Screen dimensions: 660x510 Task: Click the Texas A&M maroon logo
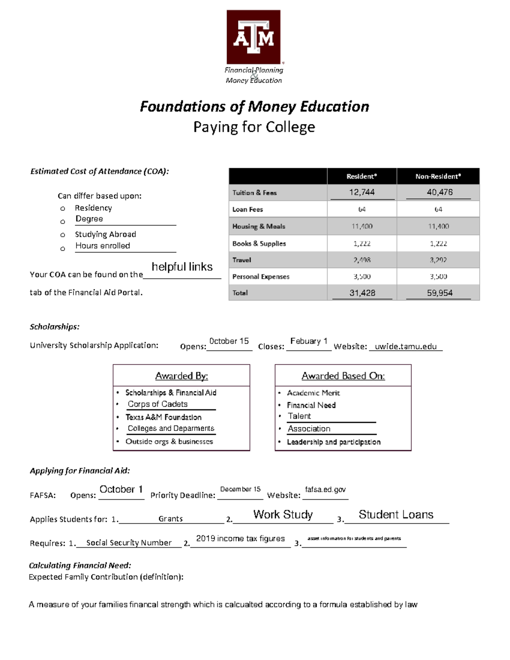point(254,37)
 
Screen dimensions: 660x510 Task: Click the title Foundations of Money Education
point(254,106)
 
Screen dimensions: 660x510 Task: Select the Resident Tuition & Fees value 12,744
point(362,192)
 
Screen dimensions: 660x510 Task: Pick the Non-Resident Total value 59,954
point(439,293)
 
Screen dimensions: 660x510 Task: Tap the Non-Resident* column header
point(438,176)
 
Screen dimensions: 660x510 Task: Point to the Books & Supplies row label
point(259,244)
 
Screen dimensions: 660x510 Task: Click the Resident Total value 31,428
point(362,293)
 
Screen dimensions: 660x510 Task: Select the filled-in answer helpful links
point(182,267)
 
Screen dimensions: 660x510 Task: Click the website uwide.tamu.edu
point(405,346)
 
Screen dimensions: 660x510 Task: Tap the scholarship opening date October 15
point(229,341)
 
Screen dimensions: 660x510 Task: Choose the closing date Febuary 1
point(309,341)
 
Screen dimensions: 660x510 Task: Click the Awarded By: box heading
point(181,376)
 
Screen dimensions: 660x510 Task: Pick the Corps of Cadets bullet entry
point(158,404)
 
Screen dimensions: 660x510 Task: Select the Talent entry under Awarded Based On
point(299,416)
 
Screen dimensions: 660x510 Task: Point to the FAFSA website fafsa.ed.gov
point(325,490)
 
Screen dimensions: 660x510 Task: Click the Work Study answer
point(283,515)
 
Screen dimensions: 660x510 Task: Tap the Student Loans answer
point(396,515)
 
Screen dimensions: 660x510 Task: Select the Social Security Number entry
point(129,543)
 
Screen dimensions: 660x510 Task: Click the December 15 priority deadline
point(240,489)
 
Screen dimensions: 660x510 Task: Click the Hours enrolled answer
point(102,246)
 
